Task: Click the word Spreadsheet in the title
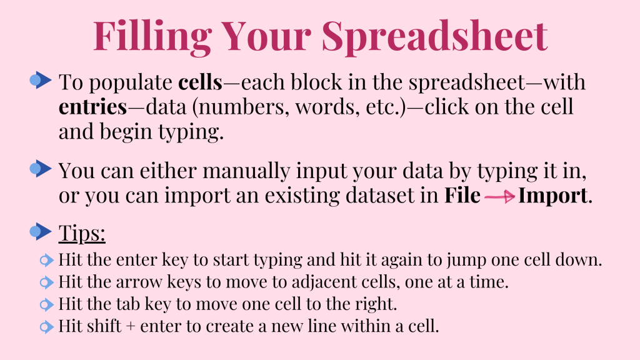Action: [x=435, y=37]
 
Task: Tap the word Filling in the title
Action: [x=152, y=37]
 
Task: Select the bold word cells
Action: [x=200, y=82]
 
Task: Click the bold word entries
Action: [x=92, y=107]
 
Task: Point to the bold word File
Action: [x=462, y=195]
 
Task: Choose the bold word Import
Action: [x=553, y=195]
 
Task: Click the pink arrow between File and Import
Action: [x=499, y=197]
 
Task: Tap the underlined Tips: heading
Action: [x=82, y=234]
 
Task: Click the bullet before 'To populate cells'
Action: [x=41, y=80]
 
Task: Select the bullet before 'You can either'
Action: [x=41, y=169]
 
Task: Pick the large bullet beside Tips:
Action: [x=41, y=231]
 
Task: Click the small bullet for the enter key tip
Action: [x=46, y=261]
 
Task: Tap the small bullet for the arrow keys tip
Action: [x=46, y=282]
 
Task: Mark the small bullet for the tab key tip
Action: [x=46, y=304]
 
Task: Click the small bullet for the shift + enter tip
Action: [x=46, y=326]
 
